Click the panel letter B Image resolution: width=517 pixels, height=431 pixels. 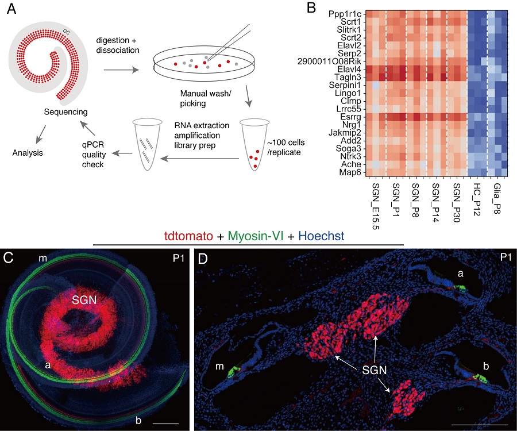[311, 8]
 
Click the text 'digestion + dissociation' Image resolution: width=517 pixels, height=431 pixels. [119, 45]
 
